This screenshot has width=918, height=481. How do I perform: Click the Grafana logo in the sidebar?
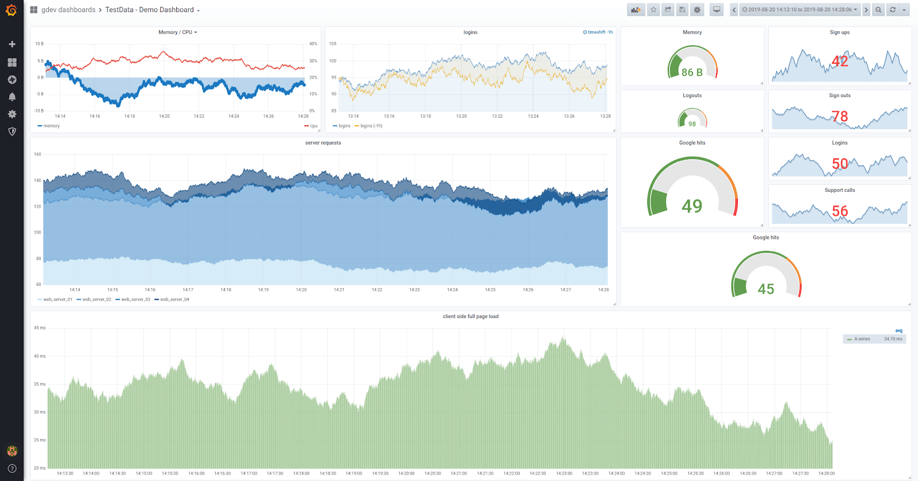[x=11, y=10]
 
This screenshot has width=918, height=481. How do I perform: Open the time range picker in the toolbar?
[x=799, y=10]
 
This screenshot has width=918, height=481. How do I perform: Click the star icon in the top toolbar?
[x=654, y=10]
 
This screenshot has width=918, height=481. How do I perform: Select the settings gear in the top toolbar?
[x=697, y=10]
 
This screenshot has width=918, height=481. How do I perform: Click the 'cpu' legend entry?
[x=313, y=126]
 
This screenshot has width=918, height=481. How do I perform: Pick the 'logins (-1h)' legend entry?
[x=371, y=126]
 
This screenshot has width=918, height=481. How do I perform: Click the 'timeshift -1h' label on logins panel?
[x=598, y=32]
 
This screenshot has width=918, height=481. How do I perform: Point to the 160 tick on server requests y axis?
[x=37, y=154]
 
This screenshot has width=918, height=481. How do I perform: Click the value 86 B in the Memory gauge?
[x=692, y=72]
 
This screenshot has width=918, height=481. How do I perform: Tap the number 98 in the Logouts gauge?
[x=692, y=124]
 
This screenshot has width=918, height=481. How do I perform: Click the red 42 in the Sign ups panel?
[x=840, y=61]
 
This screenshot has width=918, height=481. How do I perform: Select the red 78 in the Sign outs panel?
[x=840, y=117]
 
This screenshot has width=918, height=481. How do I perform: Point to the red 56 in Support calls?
[x=840, y=211]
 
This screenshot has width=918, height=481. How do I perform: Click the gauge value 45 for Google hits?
[x=766, y=289]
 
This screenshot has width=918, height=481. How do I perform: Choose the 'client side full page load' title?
[x=470, y=316]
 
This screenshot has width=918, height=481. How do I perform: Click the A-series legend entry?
[x=862, y=339]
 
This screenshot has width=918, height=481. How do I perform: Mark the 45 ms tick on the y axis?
[x=40, y=328]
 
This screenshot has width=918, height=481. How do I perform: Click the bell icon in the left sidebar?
[x=12, y=97]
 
